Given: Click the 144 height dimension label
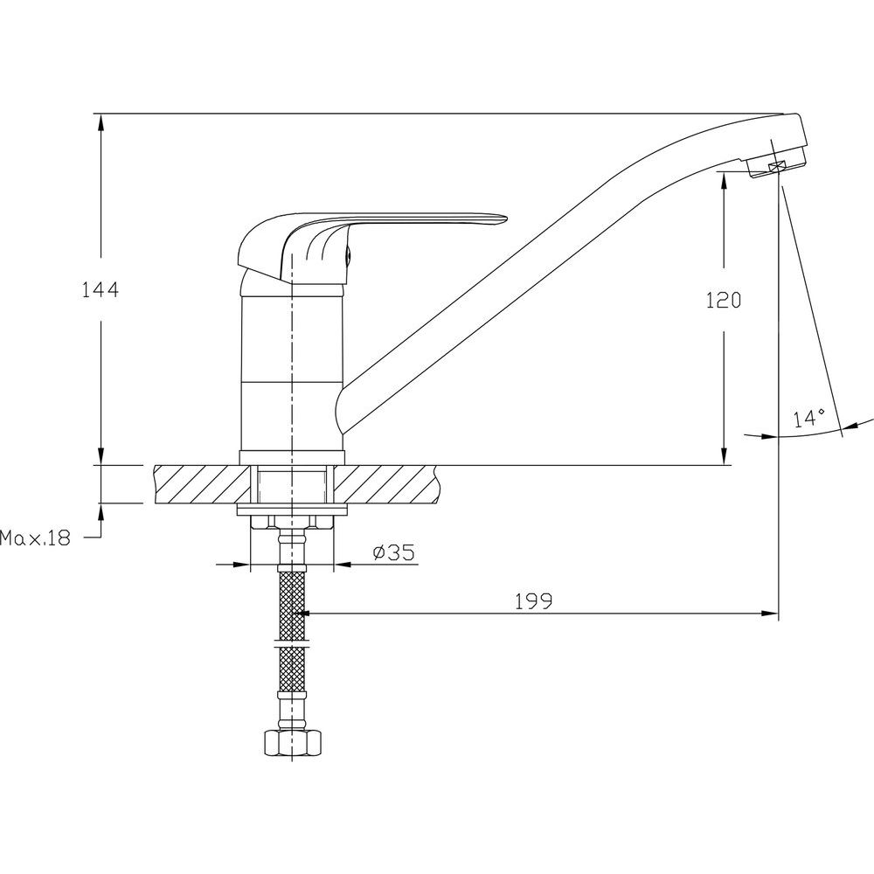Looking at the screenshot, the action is pyautogui.click(x=101, y=290).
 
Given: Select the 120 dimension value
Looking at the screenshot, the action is pyautogui.click(x=724, y=301).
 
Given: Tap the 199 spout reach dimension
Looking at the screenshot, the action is pyautogui.click(x=533, y=601).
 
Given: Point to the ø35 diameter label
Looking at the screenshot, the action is pyautogui.click(x=394, y=552).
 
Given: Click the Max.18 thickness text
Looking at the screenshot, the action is pyautogui.click(x=36, y=538).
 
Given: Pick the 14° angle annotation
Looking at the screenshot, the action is pyautogui.click(x=810, y=418).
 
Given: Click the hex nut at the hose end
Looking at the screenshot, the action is pyautogui.click(x=293, y=742).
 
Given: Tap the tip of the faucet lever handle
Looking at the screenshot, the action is pyautogui.click(x=507, y=217).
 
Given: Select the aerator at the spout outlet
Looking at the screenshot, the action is pyautogui.click(x=776, y=165).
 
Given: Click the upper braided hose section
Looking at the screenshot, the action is pyautogui.click(x=292, y=604).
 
